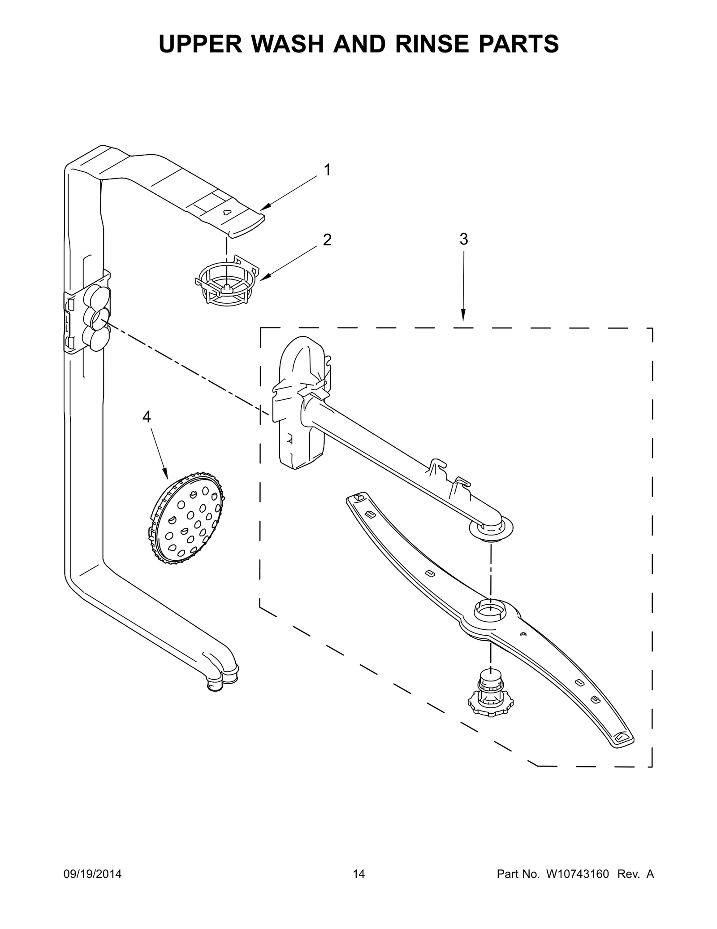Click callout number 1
(x=328, y=170)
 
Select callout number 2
(x=328, y=240)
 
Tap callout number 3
(x=464, y=240)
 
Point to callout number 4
(x=147, y=417)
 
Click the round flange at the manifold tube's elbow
(x=491, y=529)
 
